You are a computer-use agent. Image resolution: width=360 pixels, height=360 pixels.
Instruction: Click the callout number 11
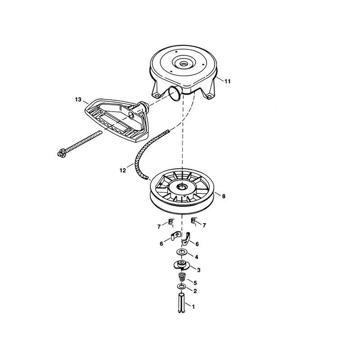[227, 81]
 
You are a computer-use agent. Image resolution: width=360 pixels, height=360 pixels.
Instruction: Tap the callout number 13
[78, 99]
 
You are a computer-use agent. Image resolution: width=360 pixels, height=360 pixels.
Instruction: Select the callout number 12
[123, 171]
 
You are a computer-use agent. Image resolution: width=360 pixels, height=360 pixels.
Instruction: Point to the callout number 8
[224, 196]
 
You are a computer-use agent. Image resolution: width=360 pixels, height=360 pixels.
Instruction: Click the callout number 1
[193, 306]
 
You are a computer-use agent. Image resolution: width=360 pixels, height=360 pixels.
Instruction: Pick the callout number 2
[195, 291]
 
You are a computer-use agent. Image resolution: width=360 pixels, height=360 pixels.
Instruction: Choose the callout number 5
[195, 283]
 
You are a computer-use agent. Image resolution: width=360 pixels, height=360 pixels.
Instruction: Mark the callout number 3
[198, 270]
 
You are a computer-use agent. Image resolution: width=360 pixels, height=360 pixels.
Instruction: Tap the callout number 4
[197, 257]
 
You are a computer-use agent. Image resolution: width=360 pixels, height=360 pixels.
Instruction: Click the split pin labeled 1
[182, 302]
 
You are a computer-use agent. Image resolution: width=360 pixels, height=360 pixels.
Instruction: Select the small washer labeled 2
[181, 287]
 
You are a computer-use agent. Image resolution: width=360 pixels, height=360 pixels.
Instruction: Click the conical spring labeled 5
[182, 277]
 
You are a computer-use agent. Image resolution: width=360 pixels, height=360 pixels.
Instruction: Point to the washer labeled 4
[182, 252]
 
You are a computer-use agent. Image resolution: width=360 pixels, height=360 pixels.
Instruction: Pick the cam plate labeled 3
[181, 265]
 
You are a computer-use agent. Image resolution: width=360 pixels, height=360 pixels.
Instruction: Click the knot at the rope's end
[62, 153]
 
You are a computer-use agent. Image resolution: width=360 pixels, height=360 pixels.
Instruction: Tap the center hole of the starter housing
[184, 64]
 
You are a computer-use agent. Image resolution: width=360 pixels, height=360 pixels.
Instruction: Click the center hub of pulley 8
[183, 187]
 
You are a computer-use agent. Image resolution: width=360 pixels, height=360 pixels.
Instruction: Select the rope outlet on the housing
[175, 93]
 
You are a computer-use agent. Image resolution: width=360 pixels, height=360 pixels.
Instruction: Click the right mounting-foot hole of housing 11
[209, 96]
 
